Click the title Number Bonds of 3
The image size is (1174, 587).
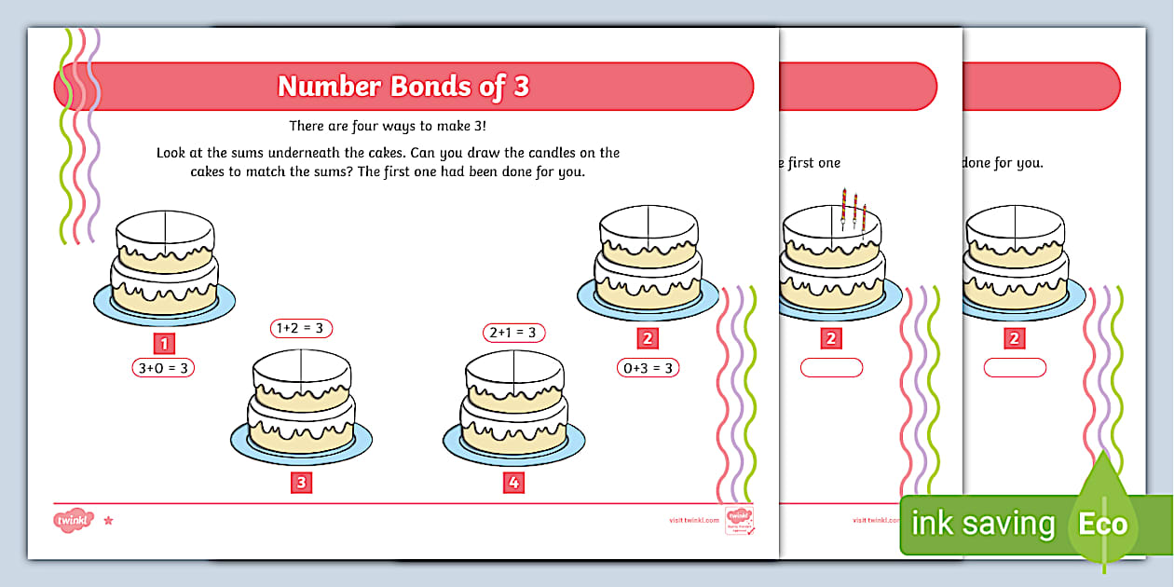pyautogui.click(x=403, y=87)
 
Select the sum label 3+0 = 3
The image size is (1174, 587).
pyautogui.click(x=163, y=368)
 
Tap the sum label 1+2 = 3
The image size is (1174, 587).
pyautogui.click(x=301, y=328)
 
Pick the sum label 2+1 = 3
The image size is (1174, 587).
pyautogui.click(x=512, y=333)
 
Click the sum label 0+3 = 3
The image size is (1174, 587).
pyautogui.click(x=648, y=368)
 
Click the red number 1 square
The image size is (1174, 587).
pyautogui.click(x=164, y=342)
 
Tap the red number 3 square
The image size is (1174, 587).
pyautogui.click(x=301, y=483)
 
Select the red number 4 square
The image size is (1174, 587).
pyautogui.click(x=512, y=483)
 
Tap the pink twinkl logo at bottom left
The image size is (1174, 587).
pyautogui.click(x=73, y=520)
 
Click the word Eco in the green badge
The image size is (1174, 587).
pyautogui.click(x=1102, y=524)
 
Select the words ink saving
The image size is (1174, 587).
pyautogui.click(x=982, y=524)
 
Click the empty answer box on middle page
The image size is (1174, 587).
pyautogui.click(x=831, y=368)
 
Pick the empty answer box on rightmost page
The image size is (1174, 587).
pyautogui.click(x=1015, y=368)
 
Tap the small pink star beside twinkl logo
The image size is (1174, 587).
pyautogui.click(x=108, y=520)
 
